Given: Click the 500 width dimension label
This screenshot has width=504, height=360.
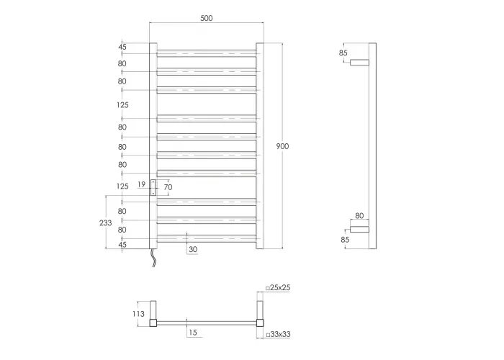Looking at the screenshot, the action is pyautogui.click(x=207, y=18).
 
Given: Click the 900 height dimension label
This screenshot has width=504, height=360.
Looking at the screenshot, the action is pyautogui.click(x=282, y=146).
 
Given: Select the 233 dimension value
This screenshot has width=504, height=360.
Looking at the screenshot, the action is pyautogui.click(x=105, y=222).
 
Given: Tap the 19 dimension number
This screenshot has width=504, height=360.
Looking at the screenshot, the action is pyautogui.click(x=141, y=184).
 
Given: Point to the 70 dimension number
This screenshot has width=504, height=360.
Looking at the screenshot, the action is pyautogui.click(x=168, y=187).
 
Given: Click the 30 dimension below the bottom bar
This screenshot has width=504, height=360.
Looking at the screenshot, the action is pyautogui.click(x=193, y=249).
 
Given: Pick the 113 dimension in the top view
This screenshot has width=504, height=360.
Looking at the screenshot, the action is pyautogui.click(x=138, y=314).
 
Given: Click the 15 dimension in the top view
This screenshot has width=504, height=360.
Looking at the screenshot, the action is pyautogui.click(x=193, y=333).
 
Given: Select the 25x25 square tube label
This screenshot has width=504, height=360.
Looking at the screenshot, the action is pyautogui.click(x=278, y=288).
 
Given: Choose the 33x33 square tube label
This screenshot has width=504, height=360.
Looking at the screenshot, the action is pyautogui.click(x=278, y=334).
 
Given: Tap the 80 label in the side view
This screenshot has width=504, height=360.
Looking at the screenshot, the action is pyautogui.click(x=359, y=216).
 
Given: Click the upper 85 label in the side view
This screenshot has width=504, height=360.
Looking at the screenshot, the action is pyautogui.click(x=343, y=53).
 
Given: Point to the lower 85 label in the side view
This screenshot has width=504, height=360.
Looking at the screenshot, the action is pyautogui.click(x=345, y=240).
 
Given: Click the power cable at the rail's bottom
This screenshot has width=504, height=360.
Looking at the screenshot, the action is pyautogui.click(x=154, y=258).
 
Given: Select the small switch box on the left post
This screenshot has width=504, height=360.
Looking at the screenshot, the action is pyautogui.click(x=153, y=188).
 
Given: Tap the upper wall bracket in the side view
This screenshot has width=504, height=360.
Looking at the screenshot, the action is pyautogui.click(x=359, y=63).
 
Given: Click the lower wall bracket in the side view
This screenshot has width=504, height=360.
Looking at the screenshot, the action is pyautogui.click(x=359, y=229).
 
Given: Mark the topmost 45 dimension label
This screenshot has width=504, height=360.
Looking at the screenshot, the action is pyautogui.click(x=122, y=47).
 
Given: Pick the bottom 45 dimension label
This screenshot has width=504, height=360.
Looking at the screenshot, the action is pyautogui.click(x=122, y=245).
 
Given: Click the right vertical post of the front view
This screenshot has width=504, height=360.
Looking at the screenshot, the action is pyautogui.click(x=260, y=145).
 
